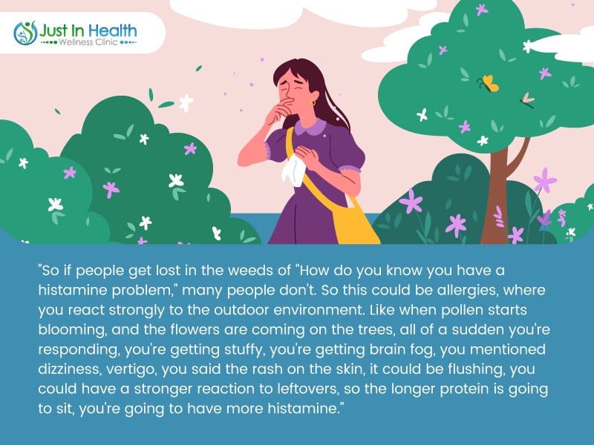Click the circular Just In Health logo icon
point(25,33)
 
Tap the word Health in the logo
point(112,30)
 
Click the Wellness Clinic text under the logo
point(88,42)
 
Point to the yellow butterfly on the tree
point(489,83)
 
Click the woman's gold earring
point(313,102)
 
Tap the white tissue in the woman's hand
point(293,171)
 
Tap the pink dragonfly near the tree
point(527,100)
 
